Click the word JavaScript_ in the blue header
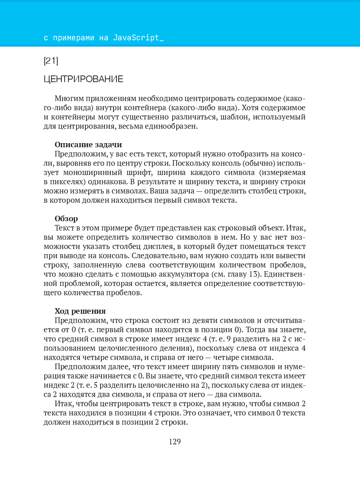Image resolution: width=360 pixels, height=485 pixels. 138,38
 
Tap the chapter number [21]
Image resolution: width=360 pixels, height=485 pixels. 51,61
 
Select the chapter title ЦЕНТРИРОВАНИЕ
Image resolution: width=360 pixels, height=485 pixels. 84,79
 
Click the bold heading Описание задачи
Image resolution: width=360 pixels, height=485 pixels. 88,145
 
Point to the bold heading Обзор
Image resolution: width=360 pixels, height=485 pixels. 66,219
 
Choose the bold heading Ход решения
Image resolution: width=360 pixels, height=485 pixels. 80,311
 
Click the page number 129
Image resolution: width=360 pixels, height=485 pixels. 175,442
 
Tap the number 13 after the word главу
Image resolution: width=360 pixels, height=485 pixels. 253,274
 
